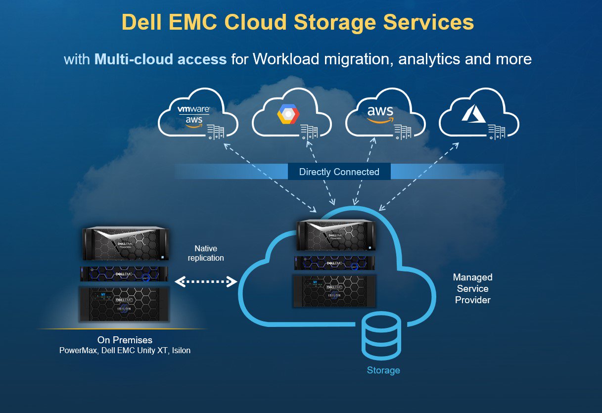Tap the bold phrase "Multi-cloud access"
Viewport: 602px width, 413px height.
(x=160, y=59)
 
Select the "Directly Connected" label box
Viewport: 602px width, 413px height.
(x=339, y=172)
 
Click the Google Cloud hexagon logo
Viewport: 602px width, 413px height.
(x=288, y=114)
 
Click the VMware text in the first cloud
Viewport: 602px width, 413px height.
(x=193, y=109)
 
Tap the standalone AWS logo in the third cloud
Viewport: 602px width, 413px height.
(x=380, y=114)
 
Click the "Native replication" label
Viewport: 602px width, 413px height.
(x=206, y=253)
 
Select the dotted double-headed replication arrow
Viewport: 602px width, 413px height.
(x=206, y=281)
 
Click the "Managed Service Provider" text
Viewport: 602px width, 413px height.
(x=473, y=288)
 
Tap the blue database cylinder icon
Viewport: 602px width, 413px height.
(x=381, y=335)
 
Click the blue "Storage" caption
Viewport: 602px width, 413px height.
(x=383, y=370)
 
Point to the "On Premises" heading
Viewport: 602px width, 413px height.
(x=125, y=340)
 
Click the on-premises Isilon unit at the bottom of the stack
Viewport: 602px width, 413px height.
(x=124, y=304)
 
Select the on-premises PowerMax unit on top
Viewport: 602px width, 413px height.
(x=126, y=243)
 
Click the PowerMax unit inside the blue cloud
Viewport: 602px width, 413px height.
(x=336, y=235)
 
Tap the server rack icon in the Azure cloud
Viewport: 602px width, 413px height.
(x=496, y=132)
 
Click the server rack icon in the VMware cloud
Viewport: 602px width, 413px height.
(x=215, y=132)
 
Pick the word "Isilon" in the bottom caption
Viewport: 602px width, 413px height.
(x=181, y=350)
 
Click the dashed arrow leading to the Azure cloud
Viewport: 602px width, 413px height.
(x=418, y=177)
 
